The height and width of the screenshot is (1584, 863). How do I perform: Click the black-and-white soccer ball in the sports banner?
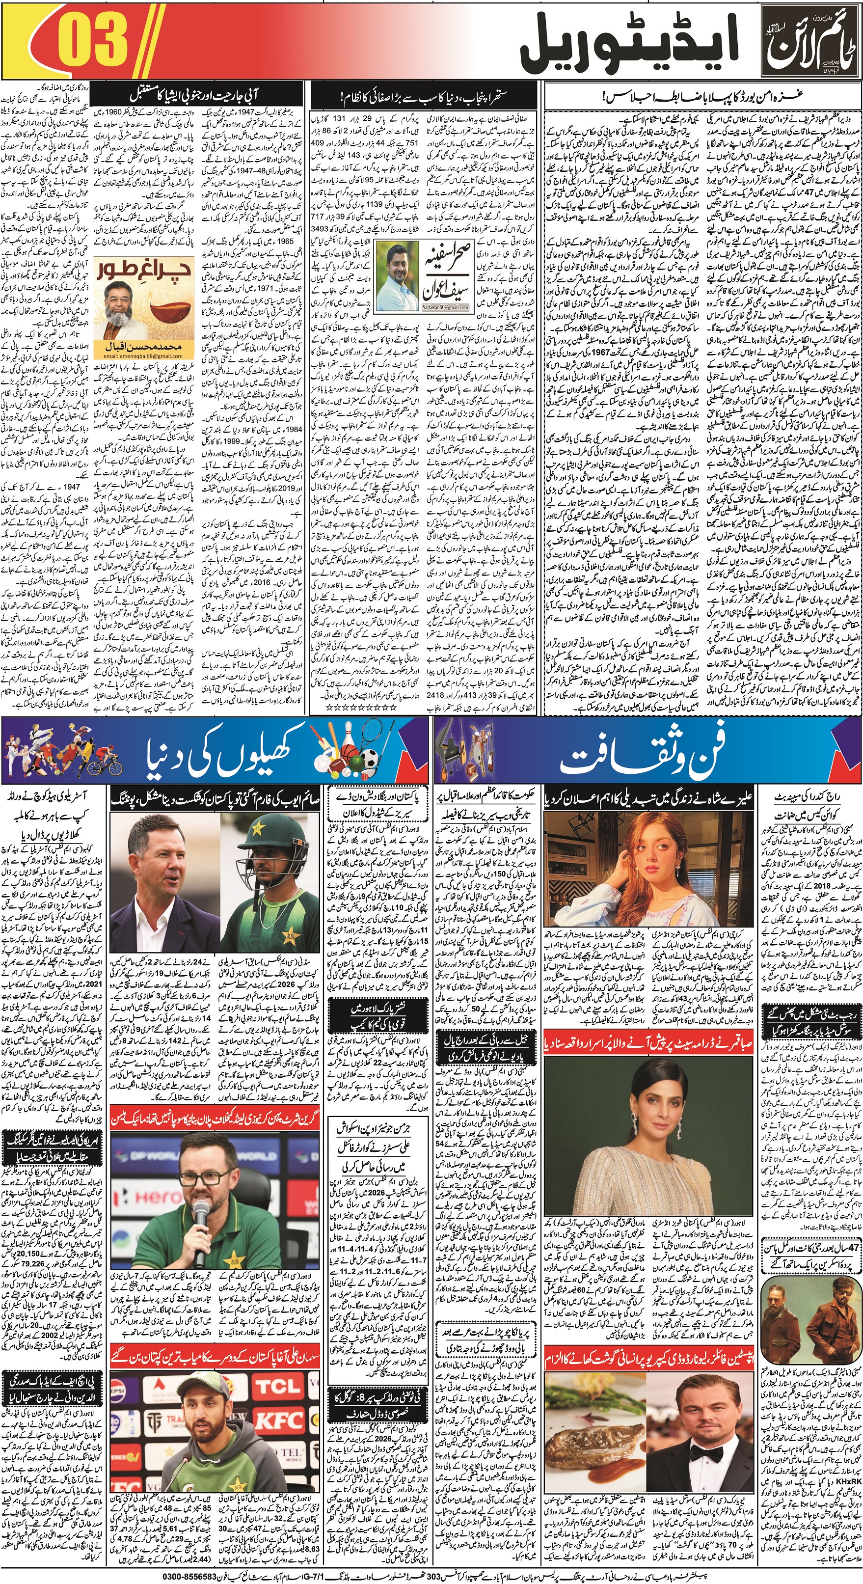(368, 761)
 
